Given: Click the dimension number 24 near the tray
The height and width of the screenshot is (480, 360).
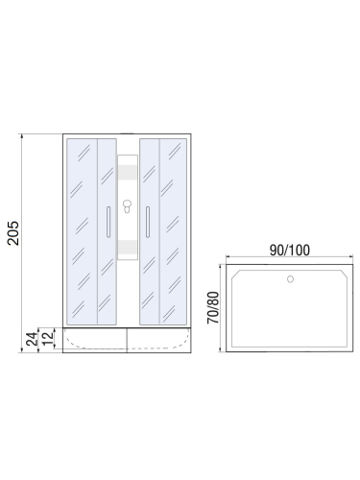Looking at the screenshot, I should (31, 338).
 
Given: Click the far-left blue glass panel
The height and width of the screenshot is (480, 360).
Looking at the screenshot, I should (80, 230).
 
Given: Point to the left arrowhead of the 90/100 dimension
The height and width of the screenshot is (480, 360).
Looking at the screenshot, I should (228, 260).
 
